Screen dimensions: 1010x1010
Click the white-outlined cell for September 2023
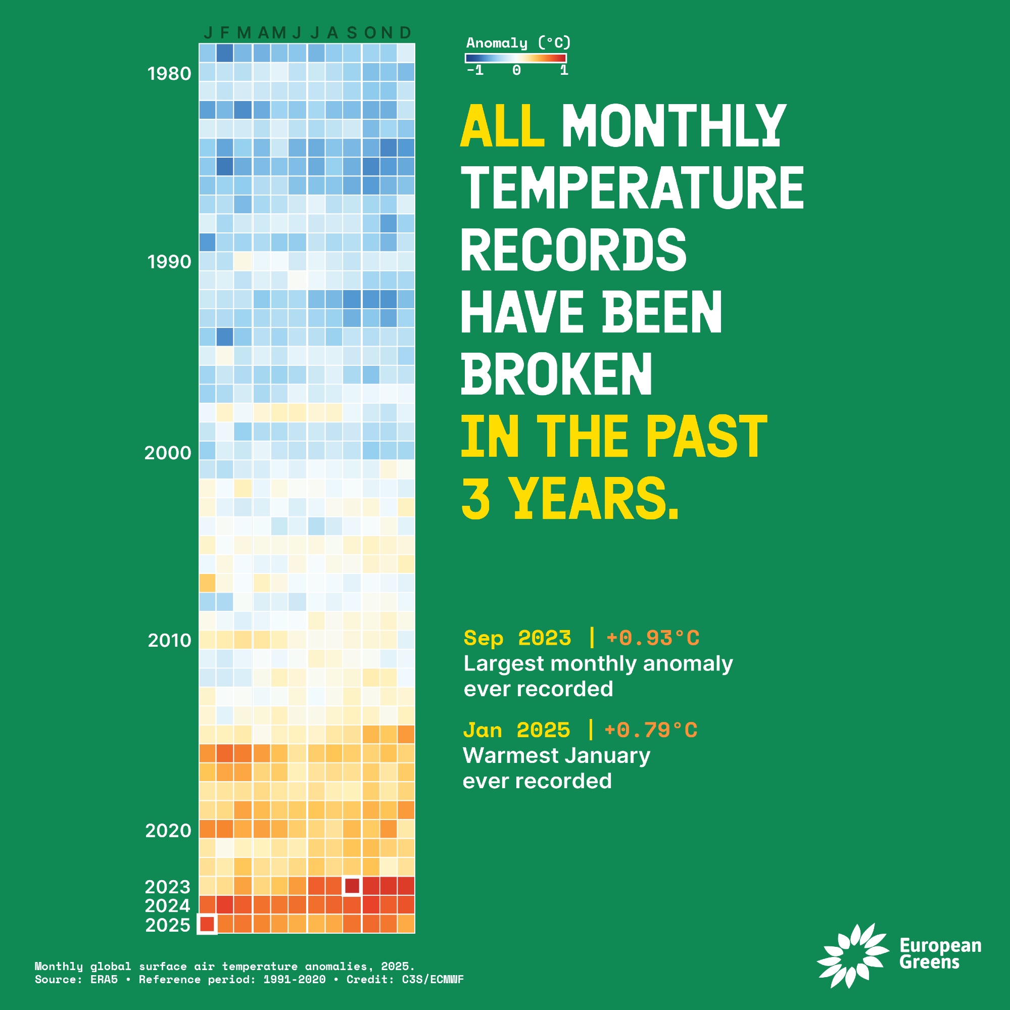pos(352,886)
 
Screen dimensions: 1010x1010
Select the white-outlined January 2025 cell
pos(207,924)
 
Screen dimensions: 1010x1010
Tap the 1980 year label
pos(169,74)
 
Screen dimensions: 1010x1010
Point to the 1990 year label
pos(169,262)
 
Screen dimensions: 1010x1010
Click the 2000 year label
pos(168,453)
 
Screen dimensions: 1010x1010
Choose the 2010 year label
pos(169,640)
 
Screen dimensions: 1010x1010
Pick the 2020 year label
pos(168,831)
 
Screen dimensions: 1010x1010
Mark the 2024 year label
pos(167,905)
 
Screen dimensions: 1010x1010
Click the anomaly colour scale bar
pos(515,58)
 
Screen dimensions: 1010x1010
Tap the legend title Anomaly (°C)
pos(518,43)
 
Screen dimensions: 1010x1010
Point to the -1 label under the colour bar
pos(475,70)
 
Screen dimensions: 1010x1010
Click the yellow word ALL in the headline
pos(502,125)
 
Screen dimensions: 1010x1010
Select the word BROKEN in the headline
pos(557,373)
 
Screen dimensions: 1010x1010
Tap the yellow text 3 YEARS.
pos(570,498)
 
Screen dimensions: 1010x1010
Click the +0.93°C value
pos(653,638)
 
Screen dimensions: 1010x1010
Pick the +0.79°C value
pos(651,730)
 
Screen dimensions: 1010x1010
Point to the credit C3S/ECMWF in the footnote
pos(432,979)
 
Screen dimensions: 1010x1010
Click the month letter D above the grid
pos(405,33)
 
